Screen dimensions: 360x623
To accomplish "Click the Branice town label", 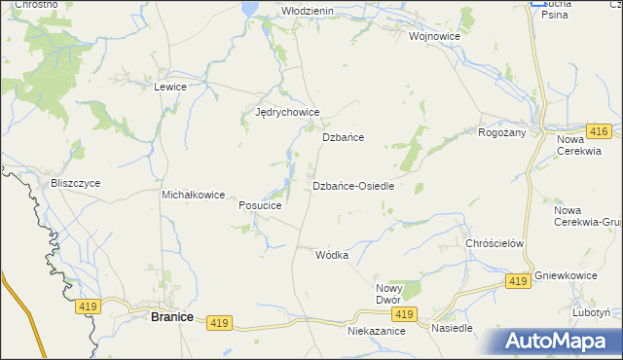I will click(x=171, y=317).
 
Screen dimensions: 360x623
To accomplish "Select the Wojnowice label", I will click(x=434, y=36).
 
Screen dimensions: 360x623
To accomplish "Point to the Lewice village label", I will click(x=169, y=87).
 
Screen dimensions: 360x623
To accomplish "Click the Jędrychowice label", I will click(x=287, y=113).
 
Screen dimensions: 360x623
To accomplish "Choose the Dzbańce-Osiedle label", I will click(x=353, y=186).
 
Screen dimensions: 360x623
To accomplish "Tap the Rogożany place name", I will click(x=502, y=133).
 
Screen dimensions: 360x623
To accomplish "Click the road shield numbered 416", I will click(x=599, y=130).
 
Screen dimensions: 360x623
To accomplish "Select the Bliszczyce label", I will click(x=74, y=183).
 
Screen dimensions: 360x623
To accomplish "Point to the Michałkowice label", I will click(x=193, y=195).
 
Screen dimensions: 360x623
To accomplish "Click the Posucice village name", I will click(x=260, y=206).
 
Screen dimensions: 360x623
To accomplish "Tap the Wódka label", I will click(x=332, y=255).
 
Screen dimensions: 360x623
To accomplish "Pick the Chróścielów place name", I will click(x=495, y=243).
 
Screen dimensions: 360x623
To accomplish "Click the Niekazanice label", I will click(x=376, y=331).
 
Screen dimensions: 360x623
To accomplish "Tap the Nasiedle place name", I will click(x=452, y=328).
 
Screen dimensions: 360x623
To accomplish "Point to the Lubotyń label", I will click(x=591, y=313).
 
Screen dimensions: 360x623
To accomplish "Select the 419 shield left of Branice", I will click(x=87, y=306).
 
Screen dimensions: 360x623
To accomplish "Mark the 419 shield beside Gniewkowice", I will click(x=518, y=281).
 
